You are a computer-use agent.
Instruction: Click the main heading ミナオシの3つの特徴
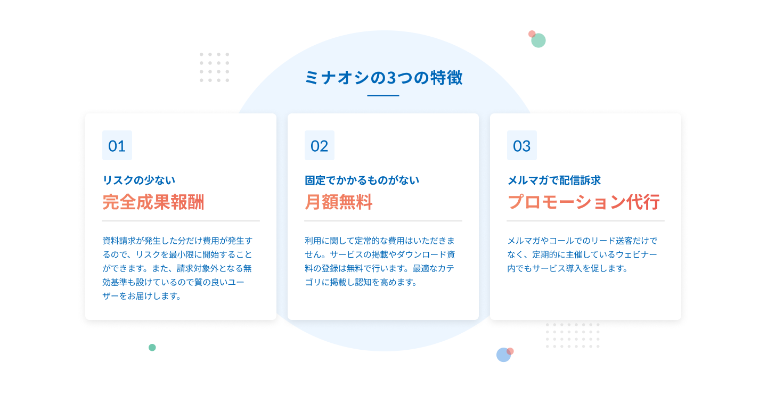tap(383, 78)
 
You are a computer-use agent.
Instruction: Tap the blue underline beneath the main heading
tap(383, 96)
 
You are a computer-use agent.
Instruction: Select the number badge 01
tap(117, 145)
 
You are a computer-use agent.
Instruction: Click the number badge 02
tap(320, 145)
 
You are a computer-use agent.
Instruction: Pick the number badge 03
tap(522, 145)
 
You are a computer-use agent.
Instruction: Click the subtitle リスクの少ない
tap(138, 180)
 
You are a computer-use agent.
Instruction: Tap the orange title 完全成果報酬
tap(153, 202)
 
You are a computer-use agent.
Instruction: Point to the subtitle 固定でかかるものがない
tap(362, 180)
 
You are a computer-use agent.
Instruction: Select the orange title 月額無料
tap(338, 202)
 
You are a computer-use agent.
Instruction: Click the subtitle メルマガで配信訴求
tap(554, 180)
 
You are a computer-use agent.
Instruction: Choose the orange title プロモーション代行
tap(583, 202)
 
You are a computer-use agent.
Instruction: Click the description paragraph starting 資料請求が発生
tap(177, 268)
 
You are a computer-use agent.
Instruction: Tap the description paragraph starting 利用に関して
tap(379, 261)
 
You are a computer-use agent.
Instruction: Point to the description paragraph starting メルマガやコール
tap(582, 254)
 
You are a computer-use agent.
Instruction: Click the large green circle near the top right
tap(538, 40)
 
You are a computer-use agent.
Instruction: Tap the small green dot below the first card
tap(152, 348)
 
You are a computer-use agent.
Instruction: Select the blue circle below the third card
tap(503, 355)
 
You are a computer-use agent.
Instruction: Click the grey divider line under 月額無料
tap(383, 221)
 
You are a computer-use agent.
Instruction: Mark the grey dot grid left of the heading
tap(214, 67)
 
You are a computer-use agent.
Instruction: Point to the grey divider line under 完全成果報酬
tap(181, 221)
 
